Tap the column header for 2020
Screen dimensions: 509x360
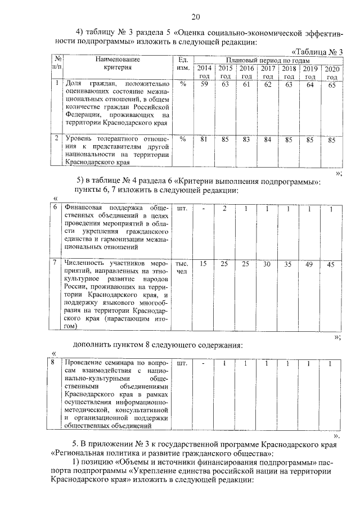point(331,73)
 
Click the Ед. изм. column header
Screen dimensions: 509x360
point(182,64)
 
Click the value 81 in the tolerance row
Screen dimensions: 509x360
point(204,139)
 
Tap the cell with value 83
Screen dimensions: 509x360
point(246,139)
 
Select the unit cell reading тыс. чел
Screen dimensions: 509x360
point(182,267)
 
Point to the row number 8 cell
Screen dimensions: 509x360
point(53,362)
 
